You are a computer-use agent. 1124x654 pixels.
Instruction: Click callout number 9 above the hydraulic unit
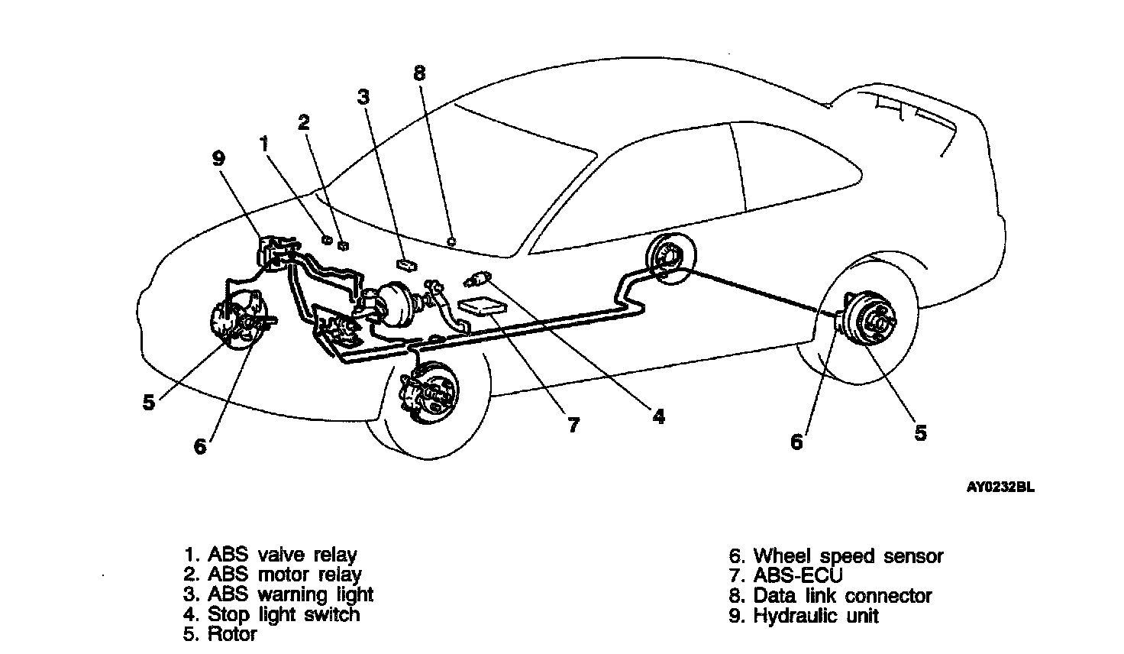click(x=218, y=158)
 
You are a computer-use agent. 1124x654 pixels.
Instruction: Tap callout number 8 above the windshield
click(x=419, y=73)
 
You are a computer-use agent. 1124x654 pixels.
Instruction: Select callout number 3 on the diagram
click(x=363, y=97)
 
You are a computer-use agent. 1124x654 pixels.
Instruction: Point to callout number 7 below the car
click(x=573, y=425)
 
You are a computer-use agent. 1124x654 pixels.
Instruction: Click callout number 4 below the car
click(x=658, y=416)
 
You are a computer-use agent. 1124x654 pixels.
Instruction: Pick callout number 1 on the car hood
click(x=263, y=143)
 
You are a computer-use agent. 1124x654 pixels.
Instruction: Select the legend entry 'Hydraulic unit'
click(x=804, y=616)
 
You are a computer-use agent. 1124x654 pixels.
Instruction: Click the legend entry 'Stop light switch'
click(x=272, y=614)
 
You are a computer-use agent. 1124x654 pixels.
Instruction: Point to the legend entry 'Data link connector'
click(x=831, y=596)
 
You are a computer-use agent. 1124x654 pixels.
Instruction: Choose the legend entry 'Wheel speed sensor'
click(x=837, y=556)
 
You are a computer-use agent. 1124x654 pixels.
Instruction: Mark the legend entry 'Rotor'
click(x=221, y=633)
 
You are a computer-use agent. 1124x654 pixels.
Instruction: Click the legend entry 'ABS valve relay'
click(x=271, y=555)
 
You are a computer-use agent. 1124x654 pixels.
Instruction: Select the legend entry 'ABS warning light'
click(x=279, y=594)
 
